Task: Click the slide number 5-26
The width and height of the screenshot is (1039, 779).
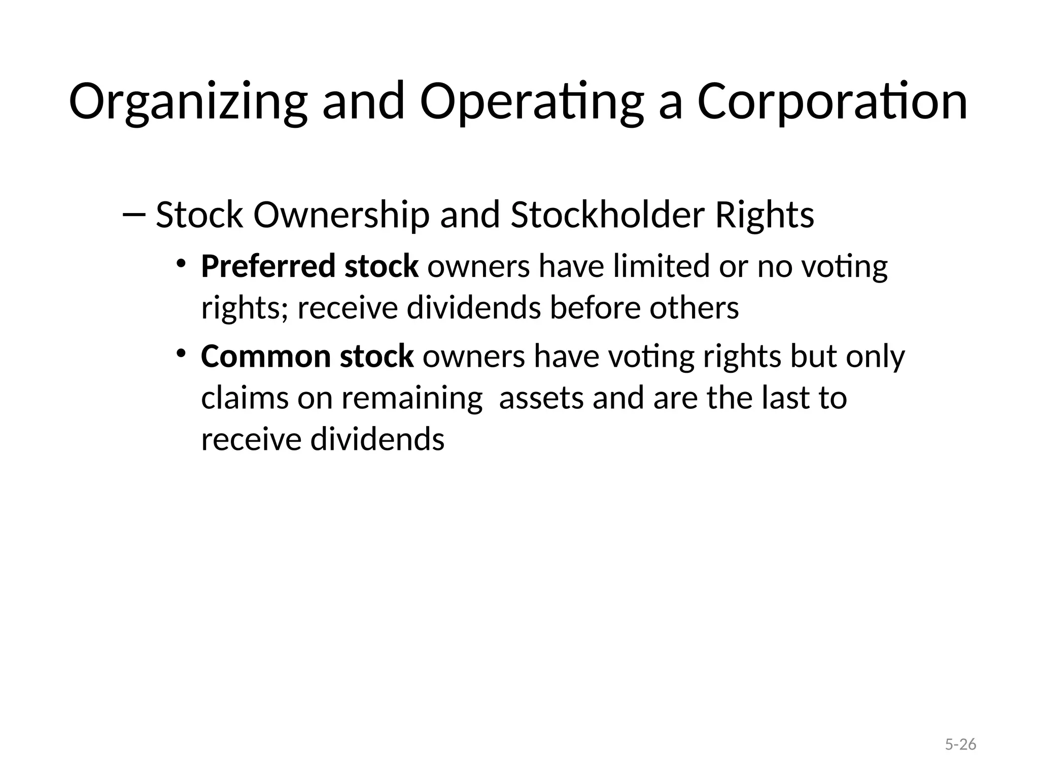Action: pos(960,745)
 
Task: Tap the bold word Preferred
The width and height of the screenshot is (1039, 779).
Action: pos(268,266)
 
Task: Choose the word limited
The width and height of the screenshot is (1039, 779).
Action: pos(661,266)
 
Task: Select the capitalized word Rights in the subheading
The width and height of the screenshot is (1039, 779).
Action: pos(764,215)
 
